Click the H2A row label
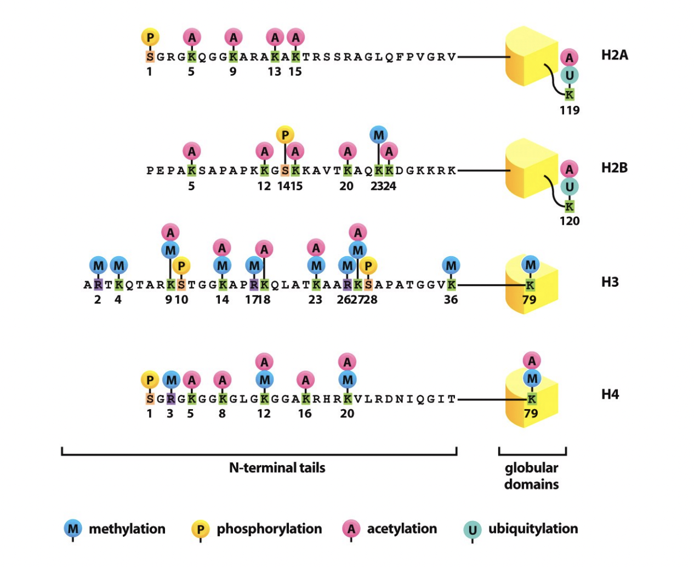coord(615,55)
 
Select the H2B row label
coord(614,168)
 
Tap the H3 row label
coord(610,282)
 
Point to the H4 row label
coord(610,394)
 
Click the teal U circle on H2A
coord(570,75)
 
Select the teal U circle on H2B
coord(570,187)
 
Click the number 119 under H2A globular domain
coord(570,110)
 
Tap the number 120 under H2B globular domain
coord(570,221)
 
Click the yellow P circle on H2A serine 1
coord(150,37)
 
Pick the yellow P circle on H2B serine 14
coord(285,134)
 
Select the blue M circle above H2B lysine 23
coord(378,134)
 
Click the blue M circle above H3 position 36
coord(451,266)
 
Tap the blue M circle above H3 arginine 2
coord(98,266)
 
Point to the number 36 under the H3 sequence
coord(451,299)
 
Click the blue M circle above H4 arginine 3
coord(171,380)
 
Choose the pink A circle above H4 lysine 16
coord(305,380)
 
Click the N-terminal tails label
coord(277,468)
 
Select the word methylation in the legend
coord(127,529)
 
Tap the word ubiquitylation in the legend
coord(533,529)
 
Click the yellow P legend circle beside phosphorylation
coord(200,529)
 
